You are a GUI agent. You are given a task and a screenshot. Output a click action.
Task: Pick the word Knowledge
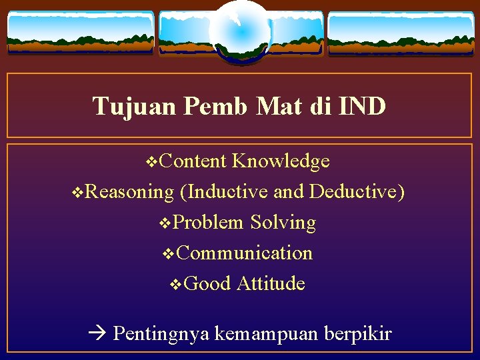click(281, 161)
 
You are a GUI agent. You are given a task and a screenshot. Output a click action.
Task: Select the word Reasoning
click(129, 192)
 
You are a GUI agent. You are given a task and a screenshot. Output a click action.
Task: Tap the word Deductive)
click(357, 192)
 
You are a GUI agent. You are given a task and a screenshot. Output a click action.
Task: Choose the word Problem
click(208, 223)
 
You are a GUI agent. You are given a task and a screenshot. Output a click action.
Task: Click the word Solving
click(283, 223)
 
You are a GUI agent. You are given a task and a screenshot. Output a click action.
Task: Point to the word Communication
click(245, 253)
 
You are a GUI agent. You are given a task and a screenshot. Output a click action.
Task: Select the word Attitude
click(271, 284)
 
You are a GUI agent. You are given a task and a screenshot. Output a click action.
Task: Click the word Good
click(207, 284)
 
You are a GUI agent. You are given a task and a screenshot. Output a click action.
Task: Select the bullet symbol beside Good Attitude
click(176, 285)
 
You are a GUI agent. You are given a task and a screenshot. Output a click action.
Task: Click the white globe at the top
click(240, 30)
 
